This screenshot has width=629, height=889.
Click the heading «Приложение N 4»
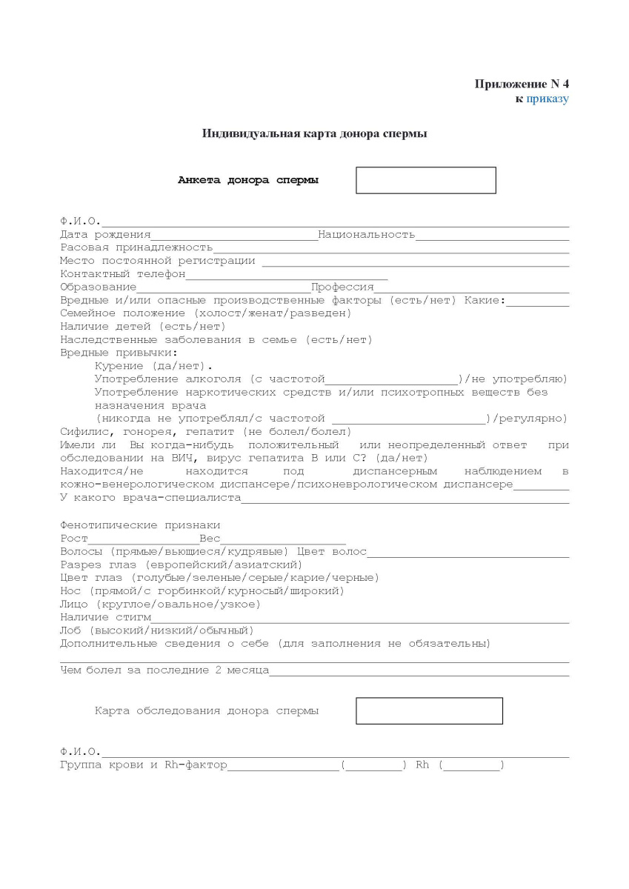pyautogui.click(x=522, y=84)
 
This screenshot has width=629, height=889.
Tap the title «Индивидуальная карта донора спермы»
pyautogui.click(x=314, y=134)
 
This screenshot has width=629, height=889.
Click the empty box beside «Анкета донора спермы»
pyautogui.click(x=425, y=181)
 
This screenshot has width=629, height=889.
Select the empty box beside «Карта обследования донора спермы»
pyautogui.click(x=429, y=710)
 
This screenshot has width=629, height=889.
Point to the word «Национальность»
pyautogui.click(x=367, y=235)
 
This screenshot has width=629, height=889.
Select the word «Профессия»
pyautogui.click(x=342, y=287)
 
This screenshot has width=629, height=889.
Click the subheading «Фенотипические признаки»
pyautogui.click(x=140, y=525)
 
